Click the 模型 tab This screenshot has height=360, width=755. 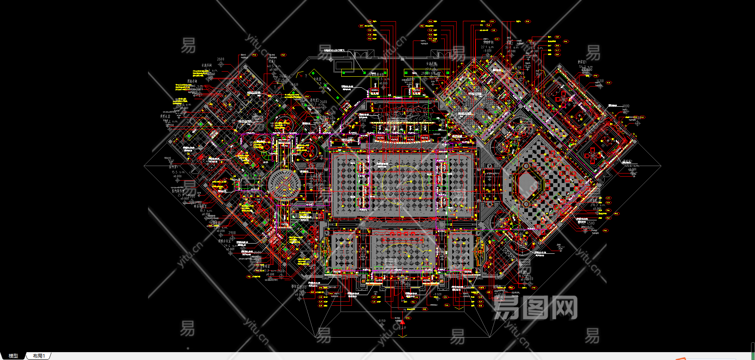point(13,356)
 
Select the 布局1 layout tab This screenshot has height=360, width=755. point(39,356)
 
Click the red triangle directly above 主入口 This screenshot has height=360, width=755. point(402,322)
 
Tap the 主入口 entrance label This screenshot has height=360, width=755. point(402,327)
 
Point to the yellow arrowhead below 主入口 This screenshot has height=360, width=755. point(402,336)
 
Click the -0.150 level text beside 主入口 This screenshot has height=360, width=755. point(382,321)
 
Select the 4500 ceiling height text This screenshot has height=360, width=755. point(590,223)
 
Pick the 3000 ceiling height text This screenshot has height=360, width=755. point(625,106)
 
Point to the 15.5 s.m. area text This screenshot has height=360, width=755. point(178,172)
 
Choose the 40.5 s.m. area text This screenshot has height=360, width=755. point(275,66)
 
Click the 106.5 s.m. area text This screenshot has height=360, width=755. point(381,79)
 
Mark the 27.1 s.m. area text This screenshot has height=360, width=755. point(487,47)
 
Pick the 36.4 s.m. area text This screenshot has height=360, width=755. point(511,48)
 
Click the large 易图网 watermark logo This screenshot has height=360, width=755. point(535,308)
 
